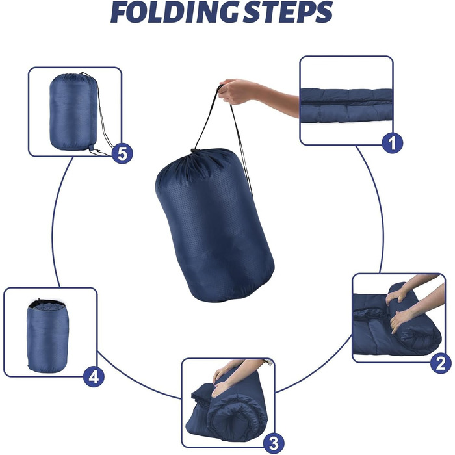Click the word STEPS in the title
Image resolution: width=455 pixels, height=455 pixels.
click(288, 13)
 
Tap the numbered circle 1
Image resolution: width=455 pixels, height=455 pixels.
click(392, 143)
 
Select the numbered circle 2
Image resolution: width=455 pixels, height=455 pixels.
click(441, 363)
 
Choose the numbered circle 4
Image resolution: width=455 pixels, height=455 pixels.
click(94, 377)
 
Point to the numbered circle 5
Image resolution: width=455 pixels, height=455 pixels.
click(122, 153)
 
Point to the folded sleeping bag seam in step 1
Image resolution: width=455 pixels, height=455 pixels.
click(346, 103)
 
